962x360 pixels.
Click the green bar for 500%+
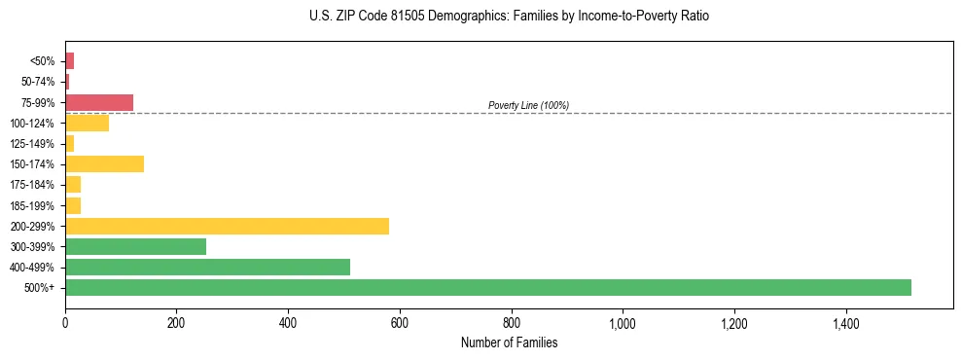click(487, 287)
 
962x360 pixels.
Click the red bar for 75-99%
click(98, 102)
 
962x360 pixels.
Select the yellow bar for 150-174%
click(104, 163)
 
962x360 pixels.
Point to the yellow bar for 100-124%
click(87, 123)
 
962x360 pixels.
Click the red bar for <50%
click(69, 61)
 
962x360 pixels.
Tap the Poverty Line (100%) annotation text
click(528, 105)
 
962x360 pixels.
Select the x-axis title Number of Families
click(509, 342)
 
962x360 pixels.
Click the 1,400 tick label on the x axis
click(845, 323)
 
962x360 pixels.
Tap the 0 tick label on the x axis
click(65, 323)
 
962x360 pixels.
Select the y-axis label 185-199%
click(33, 205)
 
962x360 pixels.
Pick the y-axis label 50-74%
click(38, 82)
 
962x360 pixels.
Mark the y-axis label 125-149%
click(33, 144)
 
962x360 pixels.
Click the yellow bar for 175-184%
click(73, 184)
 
